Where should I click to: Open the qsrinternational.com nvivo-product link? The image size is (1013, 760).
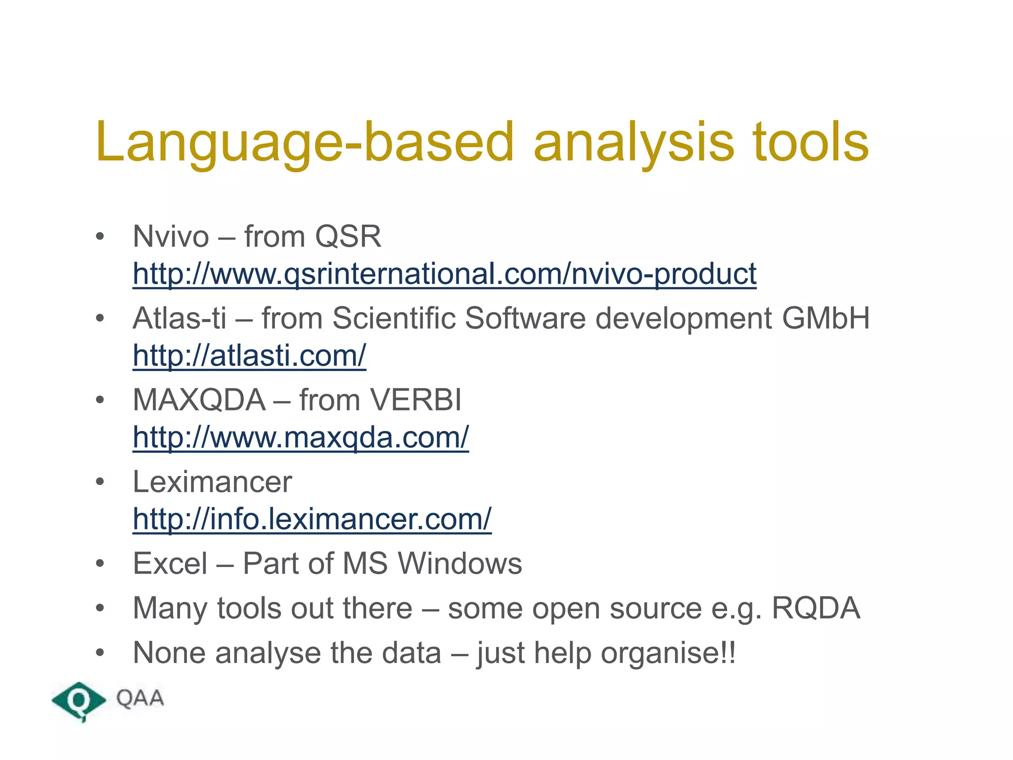(444, 274)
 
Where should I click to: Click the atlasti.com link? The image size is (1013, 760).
(249, 355)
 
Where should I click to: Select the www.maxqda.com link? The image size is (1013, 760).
(300, 437)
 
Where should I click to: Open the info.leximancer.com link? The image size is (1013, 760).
(312, 519)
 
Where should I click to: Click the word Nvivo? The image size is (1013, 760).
(171, 237)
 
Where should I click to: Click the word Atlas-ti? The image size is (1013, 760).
(180, 318)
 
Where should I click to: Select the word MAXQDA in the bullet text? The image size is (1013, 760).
(199, 400)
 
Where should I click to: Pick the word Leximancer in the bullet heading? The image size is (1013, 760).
(212, 482)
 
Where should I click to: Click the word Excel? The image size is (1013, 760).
(170, 564)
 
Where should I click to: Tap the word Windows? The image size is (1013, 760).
(460, 564)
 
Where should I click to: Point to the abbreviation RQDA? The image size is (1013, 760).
(816, 608)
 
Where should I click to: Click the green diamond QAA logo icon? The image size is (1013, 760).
(78, 701)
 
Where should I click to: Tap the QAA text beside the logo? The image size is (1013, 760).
(140, 699)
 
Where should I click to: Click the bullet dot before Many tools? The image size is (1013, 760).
(100, 609)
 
